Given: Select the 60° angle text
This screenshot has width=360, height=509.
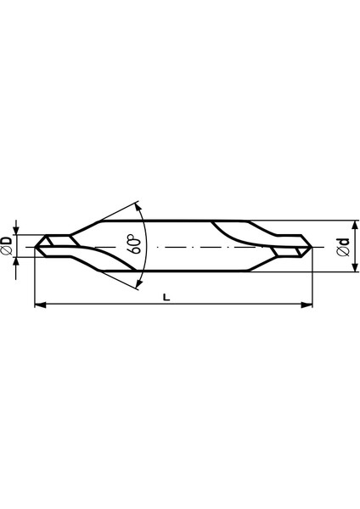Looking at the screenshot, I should pyautogui.click(x=134, y=245).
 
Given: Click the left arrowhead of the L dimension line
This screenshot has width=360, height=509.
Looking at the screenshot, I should pyautogui.click(x=39, y=305).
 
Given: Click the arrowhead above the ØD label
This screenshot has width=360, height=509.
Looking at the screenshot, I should pyautogui.click(x=17, y=230).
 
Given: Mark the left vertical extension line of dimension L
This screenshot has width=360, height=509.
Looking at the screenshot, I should pyautogui.click(x=34, y=280).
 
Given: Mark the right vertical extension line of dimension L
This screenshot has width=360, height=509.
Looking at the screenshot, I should pyautogui.click(x=312, y=280).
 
